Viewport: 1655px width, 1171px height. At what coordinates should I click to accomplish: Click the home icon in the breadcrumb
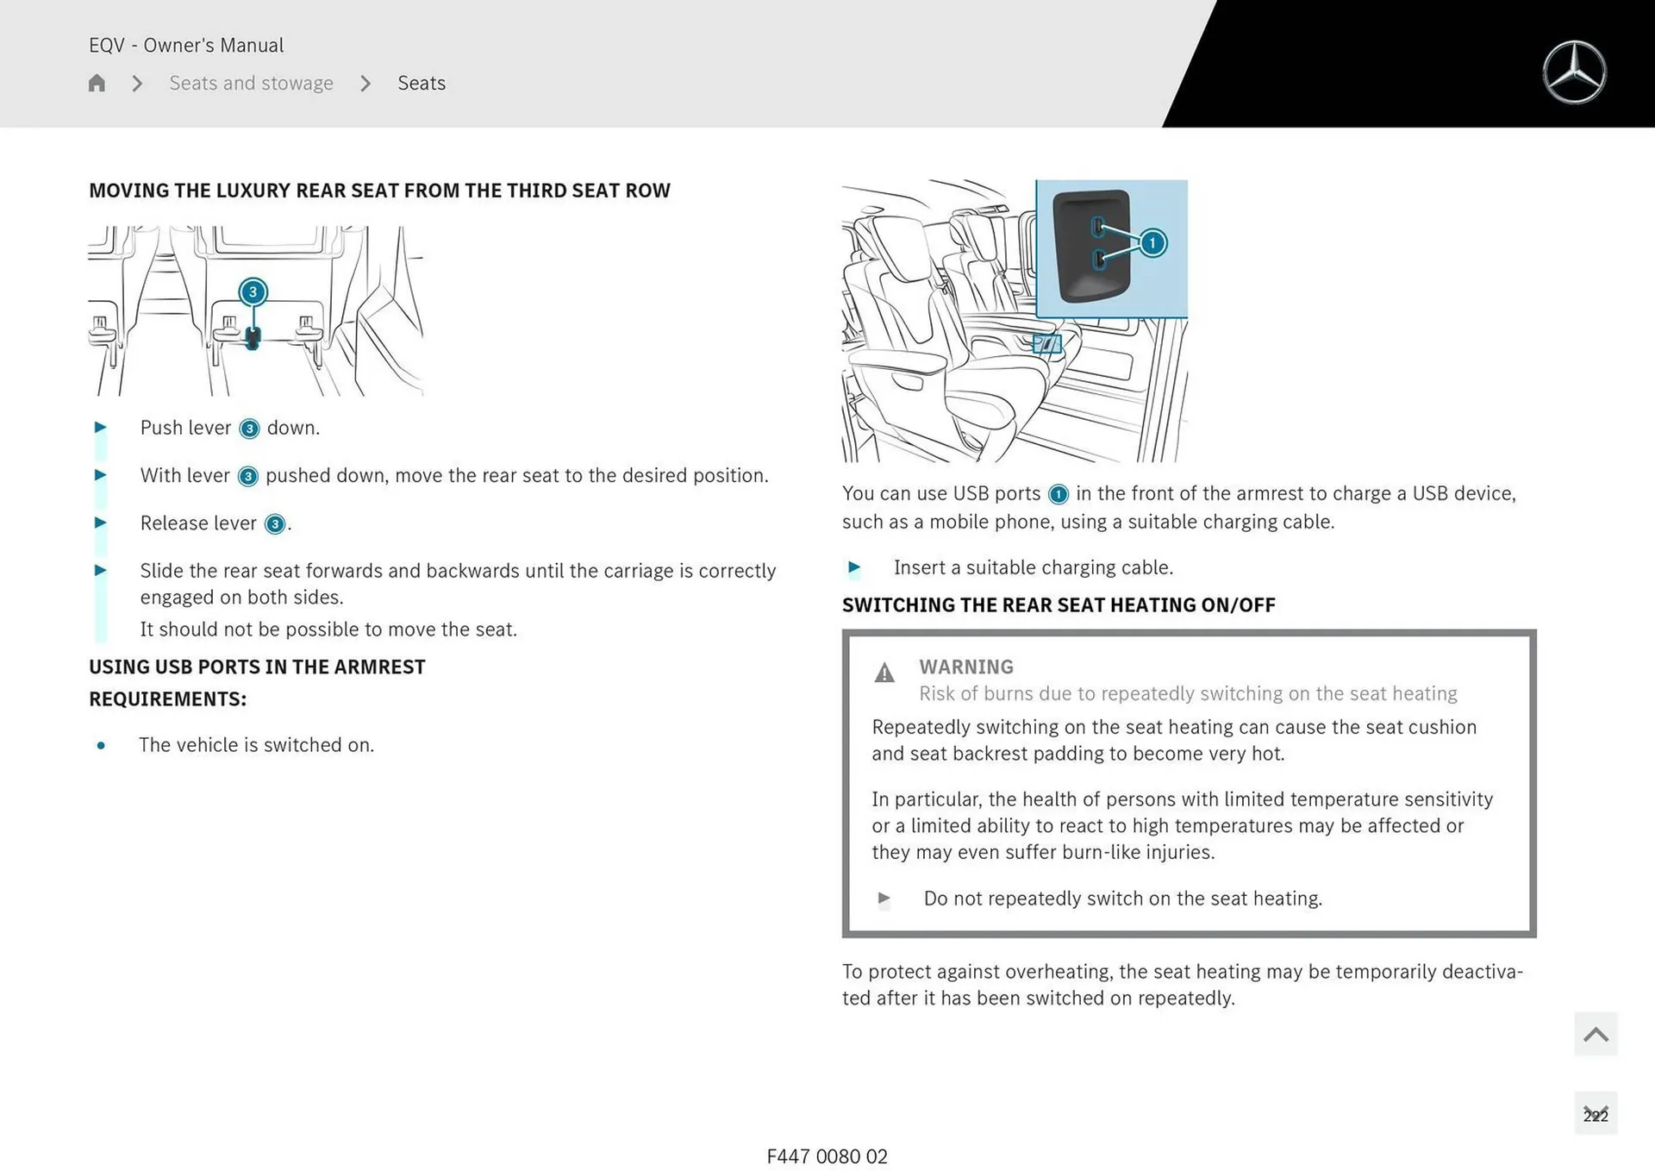click(x=97, y=83)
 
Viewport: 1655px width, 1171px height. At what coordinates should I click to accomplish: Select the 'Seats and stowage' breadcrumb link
click(x=251, y=83)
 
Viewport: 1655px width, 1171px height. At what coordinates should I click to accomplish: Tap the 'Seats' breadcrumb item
click(x=422, y=83)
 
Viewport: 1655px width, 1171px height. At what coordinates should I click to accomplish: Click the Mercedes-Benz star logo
click(x=1574, y=72)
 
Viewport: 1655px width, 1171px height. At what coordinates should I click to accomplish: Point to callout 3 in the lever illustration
click(x=253, y=291)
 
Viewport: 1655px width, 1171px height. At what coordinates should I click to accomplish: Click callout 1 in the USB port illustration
click(x=1152, y=243)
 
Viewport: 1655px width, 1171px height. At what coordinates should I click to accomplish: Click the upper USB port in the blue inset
click(x=1098, y=227)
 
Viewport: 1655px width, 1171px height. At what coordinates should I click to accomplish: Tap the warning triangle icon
click(x=884, y=673)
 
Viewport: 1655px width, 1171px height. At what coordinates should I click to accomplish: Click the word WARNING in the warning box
click(x=965, y=667)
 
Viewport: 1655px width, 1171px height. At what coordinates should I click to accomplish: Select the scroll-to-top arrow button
click(x=1596, y=1034)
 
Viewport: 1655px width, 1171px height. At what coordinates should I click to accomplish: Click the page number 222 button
click(x=1596, y=1114)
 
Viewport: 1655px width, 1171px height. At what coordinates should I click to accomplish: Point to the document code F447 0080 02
click(x=827, y=1156)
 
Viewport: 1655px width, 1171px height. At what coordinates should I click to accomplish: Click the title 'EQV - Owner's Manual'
click(x=186, y=45)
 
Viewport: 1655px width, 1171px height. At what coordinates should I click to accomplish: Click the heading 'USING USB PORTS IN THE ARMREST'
click(x=257, y=667)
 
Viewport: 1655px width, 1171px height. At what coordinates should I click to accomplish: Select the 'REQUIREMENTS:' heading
click(x=167, y=698)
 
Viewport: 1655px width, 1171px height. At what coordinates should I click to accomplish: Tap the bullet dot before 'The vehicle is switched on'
click(x=101, y=745)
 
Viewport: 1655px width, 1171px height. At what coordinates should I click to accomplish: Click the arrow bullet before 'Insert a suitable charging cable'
click(x=853, y=567)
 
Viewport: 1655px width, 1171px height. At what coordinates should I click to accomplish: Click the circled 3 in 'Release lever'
click(x=274, y=524)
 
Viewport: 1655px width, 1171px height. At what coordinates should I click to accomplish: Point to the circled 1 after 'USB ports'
click(x=1058, y=494)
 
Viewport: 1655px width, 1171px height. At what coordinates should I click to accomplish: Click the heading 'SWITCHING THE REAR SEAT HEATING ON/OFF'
click(x=1059, y=604)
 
